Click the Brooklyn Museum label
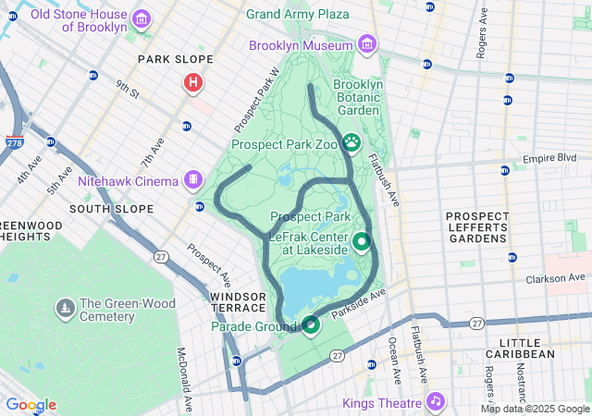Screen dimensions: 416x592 (x=301, y=45)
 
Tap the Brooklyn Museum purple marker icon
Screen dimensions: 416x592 (x=367, y=45)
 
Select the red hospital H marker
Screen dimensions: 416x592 (x=193, y=83)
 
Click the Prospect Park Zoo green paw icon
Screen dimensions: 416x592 (x=351, y=143)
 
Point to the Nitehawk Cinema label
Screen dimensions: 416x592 (x=128, y=180)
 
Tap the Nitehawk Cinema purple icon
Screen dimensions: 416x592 (x=193, y=179)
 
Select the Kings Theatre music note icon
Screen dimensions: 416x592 (x=434, y=401)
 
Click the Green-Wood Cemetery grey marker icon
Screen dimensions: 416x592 (x=65, y=307)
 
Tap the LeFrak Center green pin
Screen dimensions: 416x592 (x=361, y=243)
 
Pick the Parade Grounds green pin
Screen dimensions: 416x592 (x=311, y=324)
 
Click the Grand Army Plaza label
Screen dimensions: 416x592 (x=298, y=14)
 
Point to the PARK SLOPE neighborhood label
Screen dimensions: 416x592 (x=176, y=59)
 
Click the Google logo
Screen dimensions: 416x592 (x=31, y=405)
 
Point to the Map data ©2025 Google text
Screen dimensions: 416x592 (x=534, y=409)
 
